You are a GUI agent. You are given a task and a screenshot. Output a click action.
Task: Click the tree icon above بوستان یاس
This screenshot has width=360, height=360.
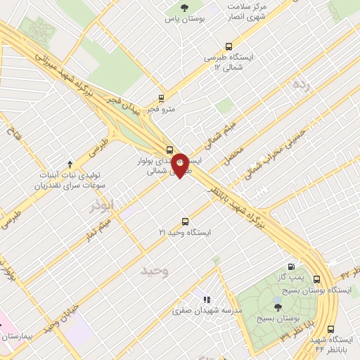point(184,8)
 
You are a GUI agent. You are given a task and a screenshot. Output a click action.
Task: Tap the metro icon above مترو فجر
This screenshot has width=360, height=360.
point(162,98)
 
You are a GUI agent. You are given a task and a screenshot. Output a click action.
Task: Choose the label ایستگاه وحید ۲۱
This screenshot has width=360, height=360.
point(185,231)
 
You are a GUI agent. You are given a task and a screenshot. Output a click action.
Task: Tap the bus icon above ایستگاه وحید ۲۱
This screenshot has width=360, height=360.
point(185,220)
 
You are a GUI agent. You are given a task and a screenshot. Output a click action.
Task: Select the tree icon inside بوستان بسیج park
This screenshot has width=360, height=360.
point(277,307)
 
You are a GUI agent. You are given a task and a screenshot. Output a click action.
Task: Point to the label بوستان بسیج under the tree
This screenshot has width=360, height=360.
point(276,319)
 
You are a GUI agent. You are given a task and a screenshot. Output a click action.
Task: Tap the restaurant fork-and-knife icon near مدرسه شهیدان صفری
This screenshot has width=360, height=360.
point(207,300)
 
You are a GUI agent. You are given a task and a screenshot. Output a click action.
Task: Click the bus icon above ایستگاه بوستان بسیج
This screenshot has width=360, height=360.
point(318,278)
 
